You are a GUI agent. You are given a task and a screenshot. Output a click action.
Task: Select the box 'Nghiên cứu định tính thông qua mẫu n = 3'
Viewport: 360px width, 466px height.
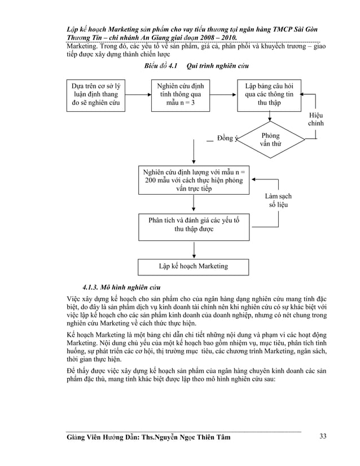[x=179, y=94]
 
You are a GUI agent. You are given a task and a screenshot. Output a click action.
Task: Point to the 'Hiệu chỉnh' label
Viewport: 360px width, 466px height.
[x=316, y=118]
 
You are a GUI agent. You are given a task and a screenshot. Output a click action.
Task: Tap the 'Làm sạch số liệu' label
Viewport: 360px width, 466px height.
[x=278, y=200]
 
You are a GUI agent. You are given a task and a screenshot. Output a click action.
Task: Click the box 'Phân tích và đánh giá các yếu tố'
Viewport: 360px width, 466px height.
[x=194, y=225]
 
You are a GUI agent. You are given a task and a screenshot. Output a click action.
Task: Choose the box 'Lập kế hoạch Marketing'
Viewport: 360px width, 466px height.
[x=194, y=265]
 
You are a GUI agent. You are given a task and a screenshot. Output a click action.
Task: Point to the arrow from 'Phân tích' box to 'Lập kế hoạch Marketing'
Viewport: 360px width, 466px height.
[x=194, y=248]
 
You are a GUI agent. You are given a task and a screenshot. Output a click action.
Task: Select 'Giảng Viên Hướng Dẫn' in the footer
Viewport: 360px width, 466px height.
[x=101, y=436]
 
